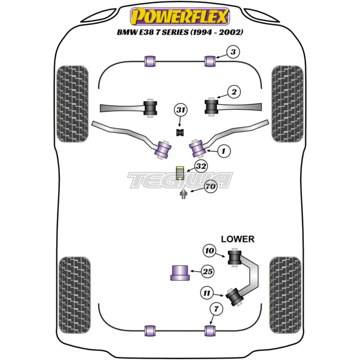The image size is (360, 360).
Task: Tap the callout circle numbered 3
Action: [233, 52]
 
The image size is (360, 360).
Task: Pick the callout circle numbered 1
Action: [224, 152]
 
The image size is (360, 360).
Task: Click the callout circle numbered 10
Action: [209, 249]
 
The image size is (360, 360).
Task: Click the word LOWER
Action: [238, 239]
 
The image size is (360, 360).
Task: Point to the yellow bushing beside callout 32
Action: [180, 173]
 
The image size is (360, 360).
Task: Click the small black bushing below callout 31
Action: [180, 132]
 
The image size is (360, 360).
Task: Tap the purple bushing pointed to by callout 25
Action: [180, 273]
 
